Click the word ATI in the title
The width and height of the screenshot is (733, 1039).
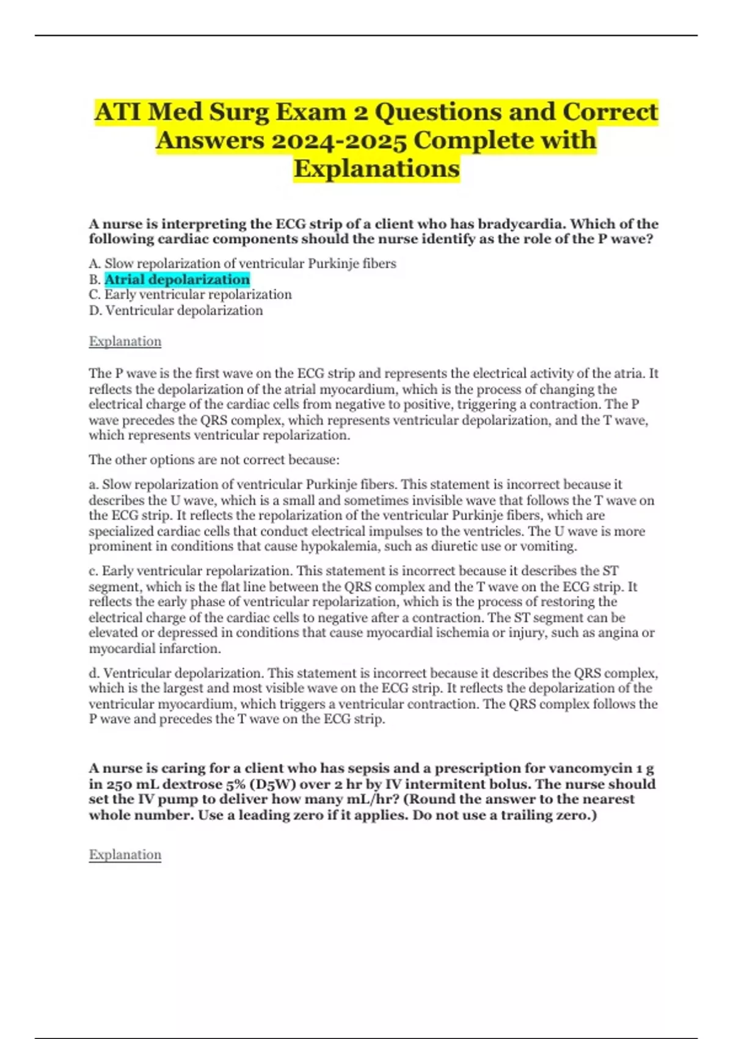click(x=119, y=112)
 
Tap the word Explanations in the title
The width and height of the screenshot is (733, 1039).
click(x=376, y=169)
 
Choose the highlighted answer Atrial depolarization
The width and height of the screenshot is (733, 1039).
click(x=177, y=279)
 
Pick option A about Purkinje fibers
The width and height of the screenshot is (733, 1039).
click(x=243, y=263)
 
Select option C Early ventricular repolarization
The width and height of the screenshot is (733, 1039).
click(x=191, y=295)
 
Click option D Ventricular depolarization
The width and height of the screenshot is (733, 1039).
click(x=176, y=310)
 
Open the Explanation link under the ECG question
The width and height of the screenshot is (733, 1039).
click(x=125, y=341)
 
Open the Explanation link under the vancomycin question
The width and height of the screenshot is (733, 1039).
click(x=125, y=854)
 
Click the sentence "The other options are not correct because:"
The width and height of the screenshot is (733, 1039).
click(x=214, y=460)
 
